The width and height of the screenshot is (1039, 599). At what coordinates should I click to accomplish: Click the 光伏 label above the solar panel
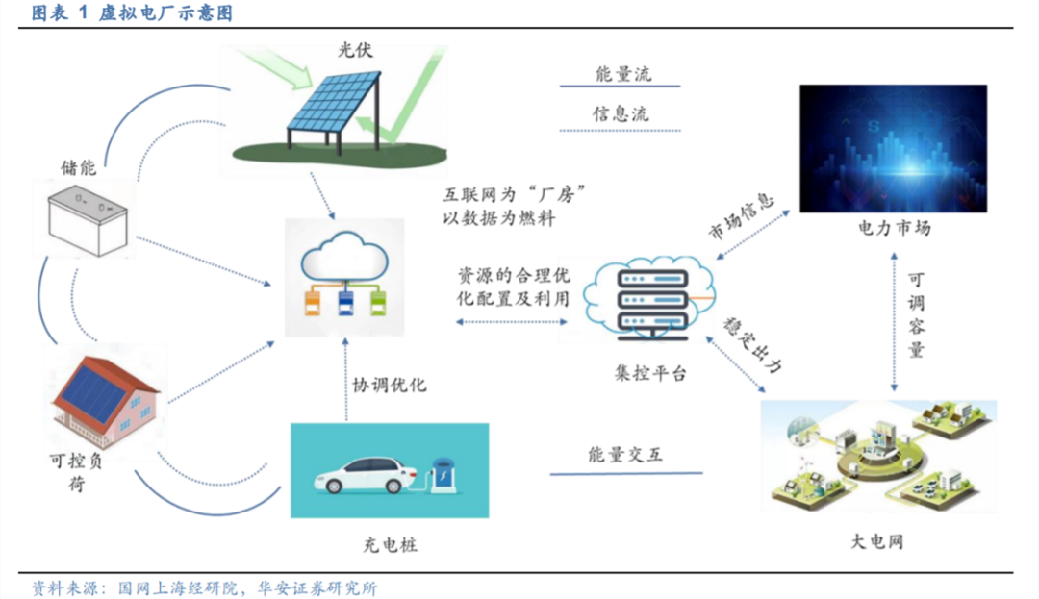click(355, 50)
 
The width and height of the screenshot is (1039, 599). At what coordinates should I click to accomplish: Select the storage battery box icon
click(88, 220)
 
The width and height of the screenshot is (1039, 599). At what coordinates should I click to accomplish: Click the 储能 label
click(79, 167)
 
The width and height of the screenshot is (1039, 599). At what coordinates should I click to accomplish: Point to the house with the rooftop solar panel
click(106, 401)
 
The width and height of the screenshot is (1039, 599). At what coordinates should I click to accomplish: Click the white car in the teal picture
click(366, 475)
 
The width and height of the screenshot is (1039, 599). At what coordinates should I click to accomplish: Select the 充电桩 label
click(391, 545)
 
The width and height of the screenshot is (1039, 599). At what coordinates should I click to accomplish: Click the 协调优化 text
click(390, 385)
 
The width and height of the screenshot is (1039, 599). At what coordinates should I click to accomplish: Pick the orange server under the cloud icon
click(312, 304)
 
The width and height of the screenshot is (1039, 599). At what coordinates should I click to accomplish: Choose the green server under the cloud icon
click(378, 304)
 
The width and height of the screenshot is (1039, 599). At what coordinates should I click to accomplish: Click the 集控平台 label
click(650, 373)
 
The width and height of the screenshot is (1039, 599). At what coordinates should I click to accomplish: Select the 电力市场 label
click(894, 228)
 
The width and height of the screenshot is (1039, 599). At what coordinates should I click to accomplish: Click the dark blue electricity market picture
click(893, 148)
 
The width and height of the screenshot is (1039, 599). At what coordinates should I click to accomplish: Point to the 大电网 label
click(876, 541)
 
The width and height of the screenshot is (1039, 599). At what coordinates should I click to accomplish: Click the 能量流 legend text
click(622, 74)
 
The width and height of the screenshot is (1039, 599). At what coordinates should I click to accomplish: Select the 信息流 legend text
click(621, 113)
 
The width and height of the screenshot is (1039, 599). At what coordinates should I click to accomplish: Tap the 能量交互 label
click(625, 455)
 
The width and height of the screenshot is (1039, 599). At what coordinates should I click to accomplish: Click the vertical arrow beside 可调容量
click(894, 322)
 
